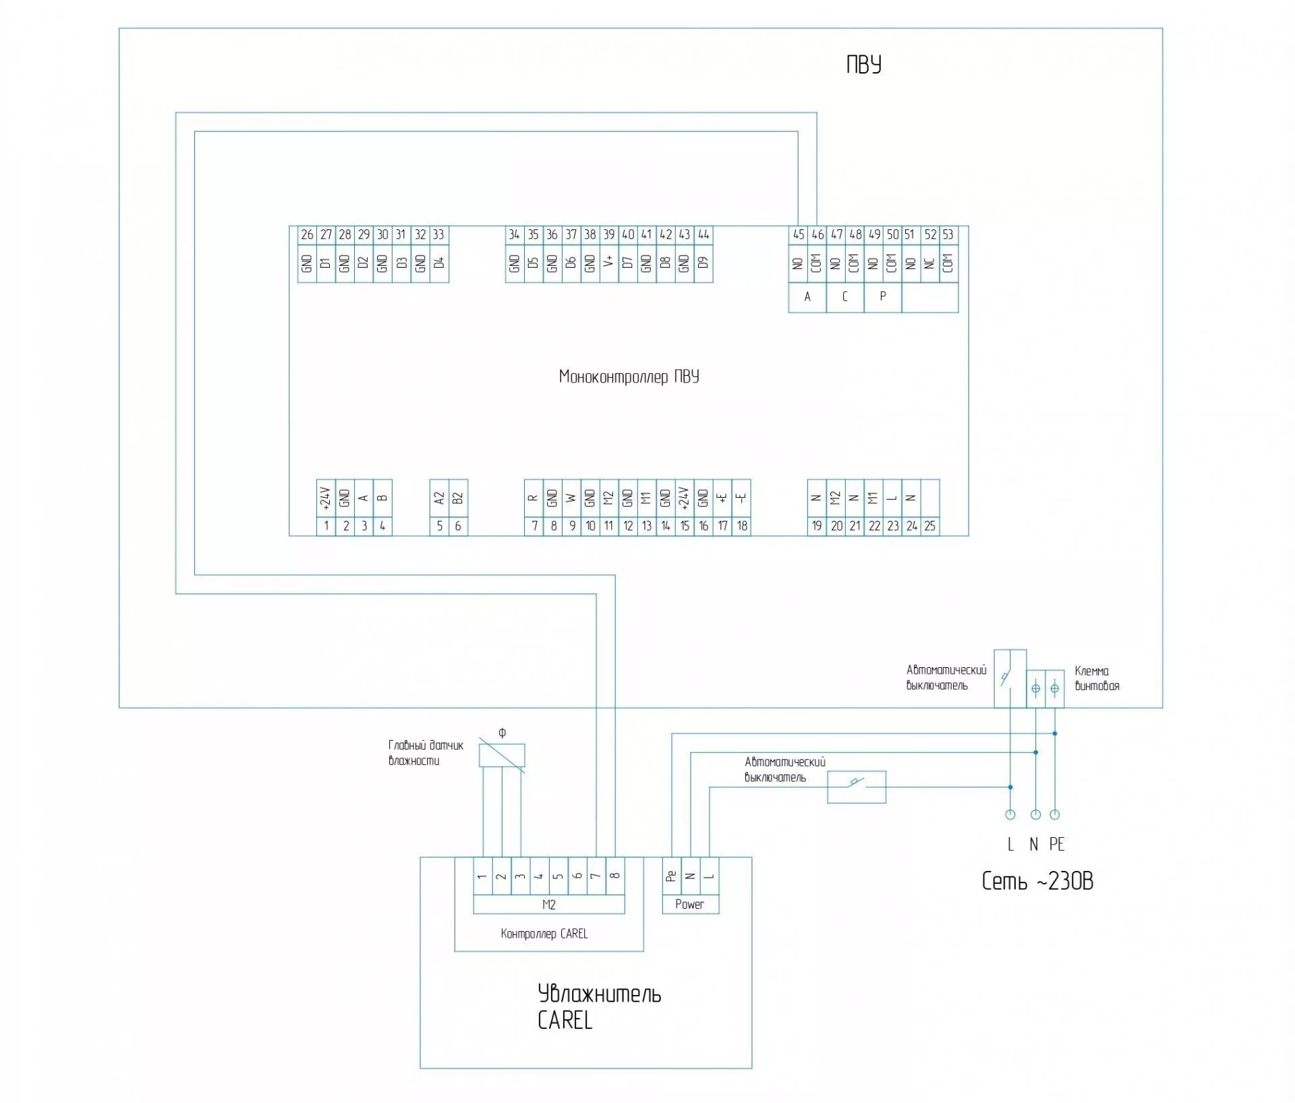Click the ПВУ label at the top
tap(864, 65)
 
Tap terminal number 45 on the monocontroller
tap(799, 235)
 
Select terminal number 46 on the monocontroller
tap(817, 235)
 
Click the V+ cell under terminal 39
tap(609, 263)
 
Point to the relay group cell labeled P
tap(883, 297)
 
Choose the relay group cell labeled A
tap(807, 297)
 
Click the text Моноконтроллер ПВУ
tap(629, 376)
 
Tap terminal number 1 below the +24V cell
tap(326, 526)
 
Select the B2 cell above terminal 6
tap(458, 499)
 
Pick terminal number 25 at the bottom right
tap(930, 526)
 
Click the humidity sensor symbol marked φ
tap(502, 755)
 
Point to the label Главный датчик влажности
tap(426, 754)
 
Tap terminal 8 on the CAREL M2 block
tap(614, 876)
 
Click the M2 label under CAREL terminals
tap(549, 905)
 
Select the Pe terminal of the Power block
tap(671, 876)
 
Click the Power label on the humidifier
tap(689, 905)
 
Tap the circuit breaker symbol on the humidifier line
tap(857, 787)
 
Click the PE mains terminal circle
tap(1055, 815)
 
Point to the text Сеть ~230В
tap(1037, 881)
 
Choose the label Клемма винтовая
tap(1097, 679)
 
